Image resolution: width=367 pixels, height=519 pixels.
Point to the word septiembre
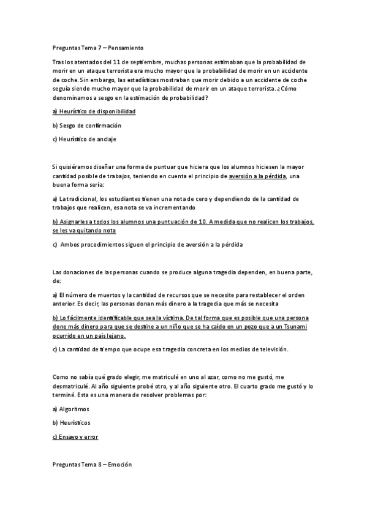(138, 62)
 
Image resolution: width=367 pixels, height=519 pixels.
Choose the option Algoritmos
(74, 409)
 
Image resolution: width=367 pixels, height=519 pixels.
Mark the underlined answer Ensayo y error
(75, 437)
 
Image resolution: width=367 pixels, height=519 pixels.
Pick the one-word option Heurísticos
(74, 423)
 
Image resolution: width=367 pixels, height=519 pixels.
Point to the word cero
(203, 199)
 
